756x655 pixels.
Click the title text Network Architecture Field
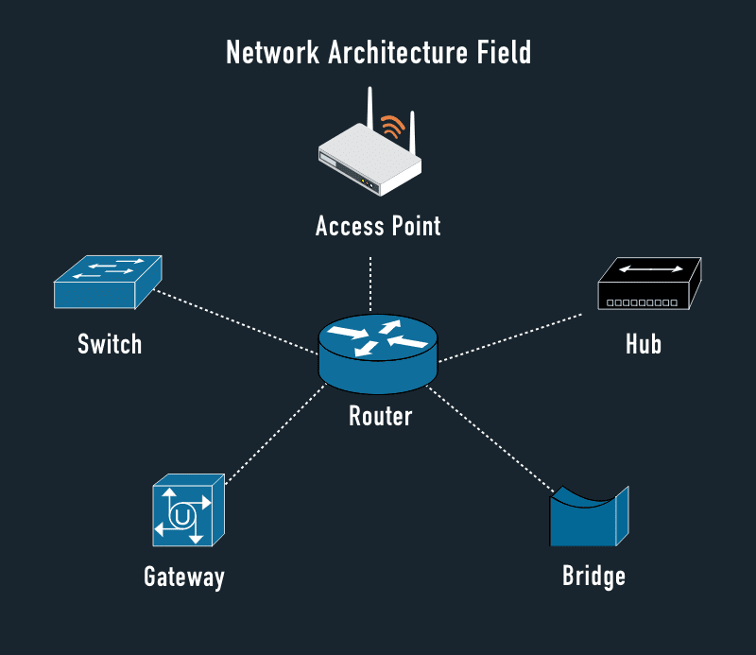tap(378, 52)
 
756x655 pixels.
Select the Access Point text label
tap(378, 227)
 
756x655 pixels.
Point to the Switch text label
tap(110, 343)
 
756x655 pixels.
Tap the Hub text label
tap(644, 343)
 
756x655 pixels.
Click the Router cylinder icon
tap(378, 354)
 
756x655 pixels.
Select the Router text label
tap(381, 416)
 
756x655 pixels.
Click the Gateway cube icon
tap(187, 512)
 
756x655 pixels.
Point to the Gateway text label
tap(184, 577)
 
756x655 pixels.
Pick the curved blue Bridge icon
tap(589, 518)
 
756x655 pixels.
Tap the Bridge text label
tap(593, 576)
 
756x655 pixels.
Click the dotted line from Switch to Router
tap(236, 321)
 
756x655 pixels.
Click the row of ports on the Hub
tap(642, 302)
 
